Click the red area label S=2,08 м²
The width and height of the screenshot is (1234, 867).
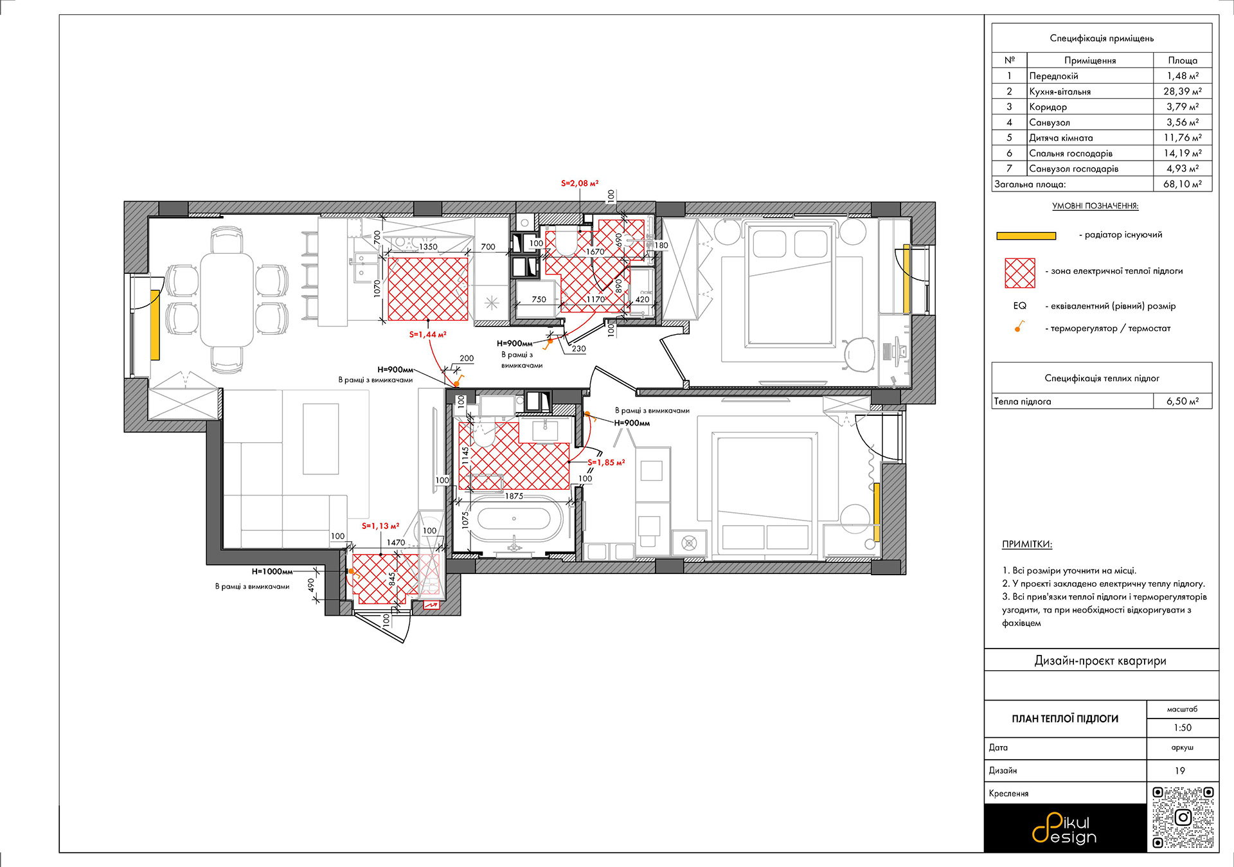tap(580, 183)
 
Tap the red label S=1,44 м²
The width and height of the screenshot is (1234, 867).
tap(427, 334)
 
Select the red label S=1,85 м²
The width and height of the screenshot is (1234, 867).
tap(606, 462)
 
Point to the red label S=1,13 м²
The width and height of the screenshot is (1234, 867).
tap(380, 526)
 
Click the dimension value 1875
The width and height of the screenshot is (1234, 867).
tap(514, 496)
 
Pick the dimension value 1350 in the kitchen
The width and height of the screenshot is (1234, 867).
tap(428, 247)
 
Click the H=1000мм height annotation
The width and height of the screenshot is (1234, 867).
tap(272, 571)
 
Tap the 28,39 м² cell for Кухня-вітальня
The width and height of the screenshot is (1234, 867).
tap(1183, 91)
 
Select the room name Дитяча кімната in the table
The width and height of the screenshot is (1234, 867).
tap(1060, 138)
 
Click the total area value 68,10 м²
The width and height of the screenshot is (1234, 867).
tap(1183, 184)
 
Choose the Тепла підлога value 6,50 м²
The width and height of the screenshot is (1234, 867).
tap(1183, 401)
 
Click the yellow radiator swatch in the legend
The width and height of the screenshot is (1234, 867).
tap(1026, 236)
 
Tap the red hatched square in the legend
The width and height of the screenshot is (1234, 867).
tap(1020, 273)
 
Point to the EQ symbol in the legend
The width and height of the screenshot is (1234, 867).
tap(1020, 306)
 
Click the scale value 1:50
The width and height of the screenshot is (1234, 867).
tap(1183, 728)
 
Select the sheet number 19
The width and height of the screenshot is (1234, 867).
tap(1180, 771)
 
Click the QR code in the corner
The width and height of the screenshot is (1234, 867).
tap(1183, 818)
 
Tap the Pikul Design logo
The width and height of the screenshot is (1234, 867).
tap(1064, 828)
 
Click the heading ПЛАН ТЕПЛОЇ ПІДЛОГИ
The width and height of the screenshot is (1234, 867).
tap(1065, 719)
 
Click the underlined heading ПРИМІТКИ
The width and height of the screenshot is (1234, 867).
tap(1027, 544)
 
